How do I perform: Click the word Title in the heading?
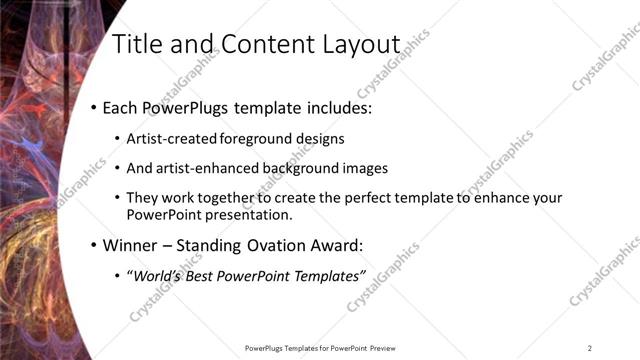coord(135,44)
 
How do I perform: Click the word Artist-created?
coord(169,139)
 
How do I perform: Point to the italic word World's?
coord(157,275)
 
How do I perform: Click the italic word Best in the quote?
coord(205,275)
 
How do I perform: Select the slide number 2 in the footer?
coord(590,348)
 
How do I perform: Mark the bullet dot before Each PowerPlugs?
coord(93,107)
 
